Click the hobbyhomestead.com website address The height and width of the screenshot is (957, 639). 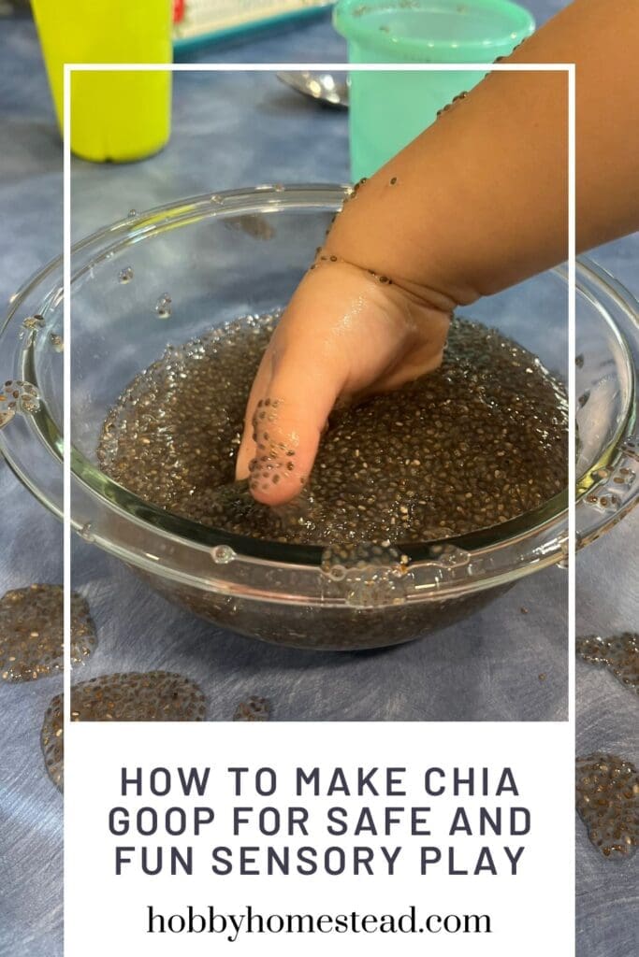tap(319, 921)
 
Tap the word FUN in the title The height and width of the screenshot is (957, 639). tap(152, 861)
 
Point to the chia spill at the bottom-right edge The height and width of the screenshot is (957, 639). tap(606, 804)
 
